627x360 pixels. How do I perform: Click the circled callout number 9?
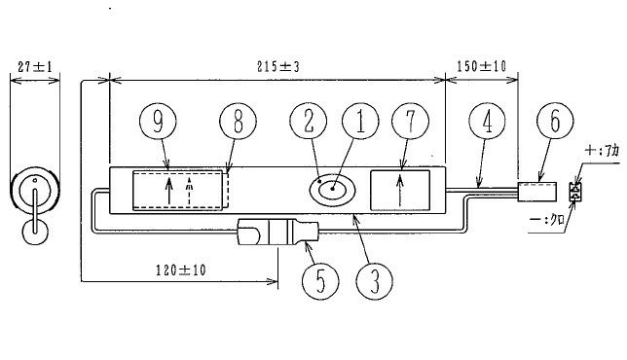(x=158, y=121)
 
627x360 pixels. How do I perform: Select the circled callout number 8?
(x=238, y=121)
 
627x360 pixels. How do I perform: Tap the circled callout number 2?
(x=309, y=121)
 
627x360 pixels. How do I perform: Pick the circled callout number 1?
(x=360, y=121)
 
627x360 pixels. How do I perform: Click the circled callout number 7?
(x=410, y=121)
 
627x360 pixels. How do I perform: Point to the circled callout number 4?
(x=487, y=121)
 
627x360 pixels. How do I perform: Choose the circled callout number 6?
(x=555, y=121)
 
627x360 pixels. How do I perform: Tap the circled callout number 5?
(x=320, y=281)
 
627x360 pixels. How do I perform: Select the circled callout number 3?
(x=374, y=281)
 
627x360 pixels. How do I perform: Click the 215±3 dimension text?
(x=277, y=66)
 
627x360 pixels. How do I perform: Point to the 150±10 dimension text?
(x=481, y=66)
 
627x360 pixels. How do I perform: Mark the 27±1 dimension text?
(x=35, y=66)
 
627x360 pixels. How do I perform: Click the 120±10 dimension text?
(x=181, y=270)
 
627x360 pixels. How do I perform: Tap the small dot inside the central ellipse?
(x=332, y=189)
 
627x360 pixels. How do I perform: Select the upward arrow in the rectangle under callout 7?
(x=399, y=191)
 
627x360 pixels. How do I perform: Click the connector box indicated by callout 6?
(x=537, y=192)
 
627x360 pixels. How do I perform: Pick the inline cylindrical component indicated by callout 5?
(x=277, y=232)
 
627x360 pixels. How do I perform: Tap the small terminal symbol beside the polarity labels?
(x=575, y=192)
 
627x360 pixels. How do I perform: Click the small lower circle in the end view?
(x=35, y=232)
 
